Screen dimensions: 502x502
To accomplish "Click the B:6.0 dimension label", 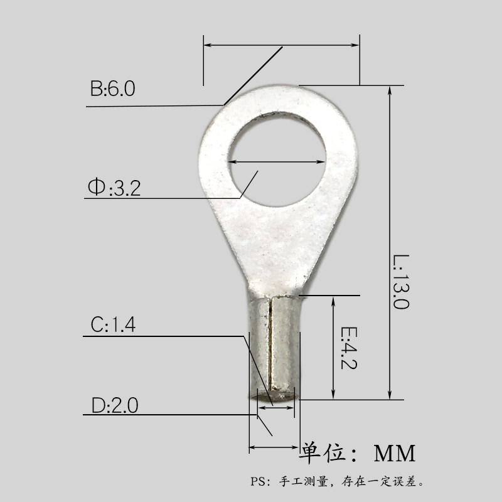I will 112,88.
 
